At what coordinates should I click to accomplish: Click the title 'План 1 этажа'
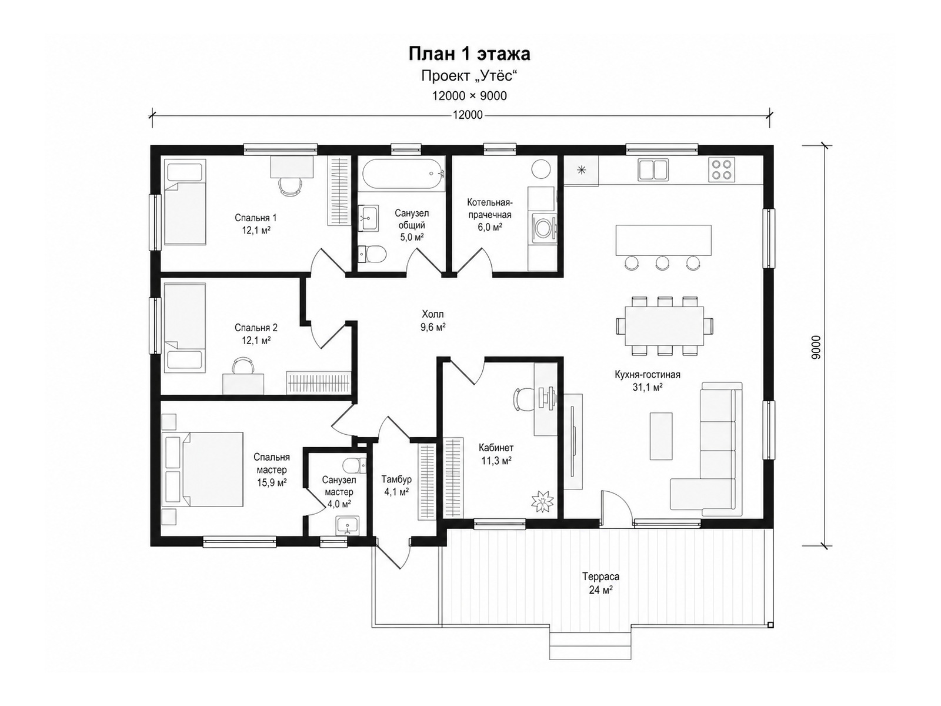coord(469,54)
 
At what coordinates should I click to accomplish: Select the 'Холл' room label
coord(432,314)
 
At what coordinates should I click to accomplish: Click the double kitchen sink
coord(653,169)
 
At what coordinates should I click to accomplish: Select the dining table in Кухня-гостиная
coord(664,326)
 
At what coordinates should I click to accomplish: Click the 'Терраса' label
coord(600,577)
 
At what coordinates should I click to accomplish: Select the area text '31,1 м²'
coord(648,388)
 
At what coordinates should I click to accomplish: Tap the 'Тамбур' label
coord(396,479)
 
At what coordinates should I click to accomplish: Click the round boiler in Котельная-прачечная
coord(541,169)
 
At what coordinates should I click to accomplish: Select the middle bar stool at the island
coord(662,263)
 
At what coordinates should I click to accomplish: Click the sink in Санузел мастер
coord(348,525)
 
